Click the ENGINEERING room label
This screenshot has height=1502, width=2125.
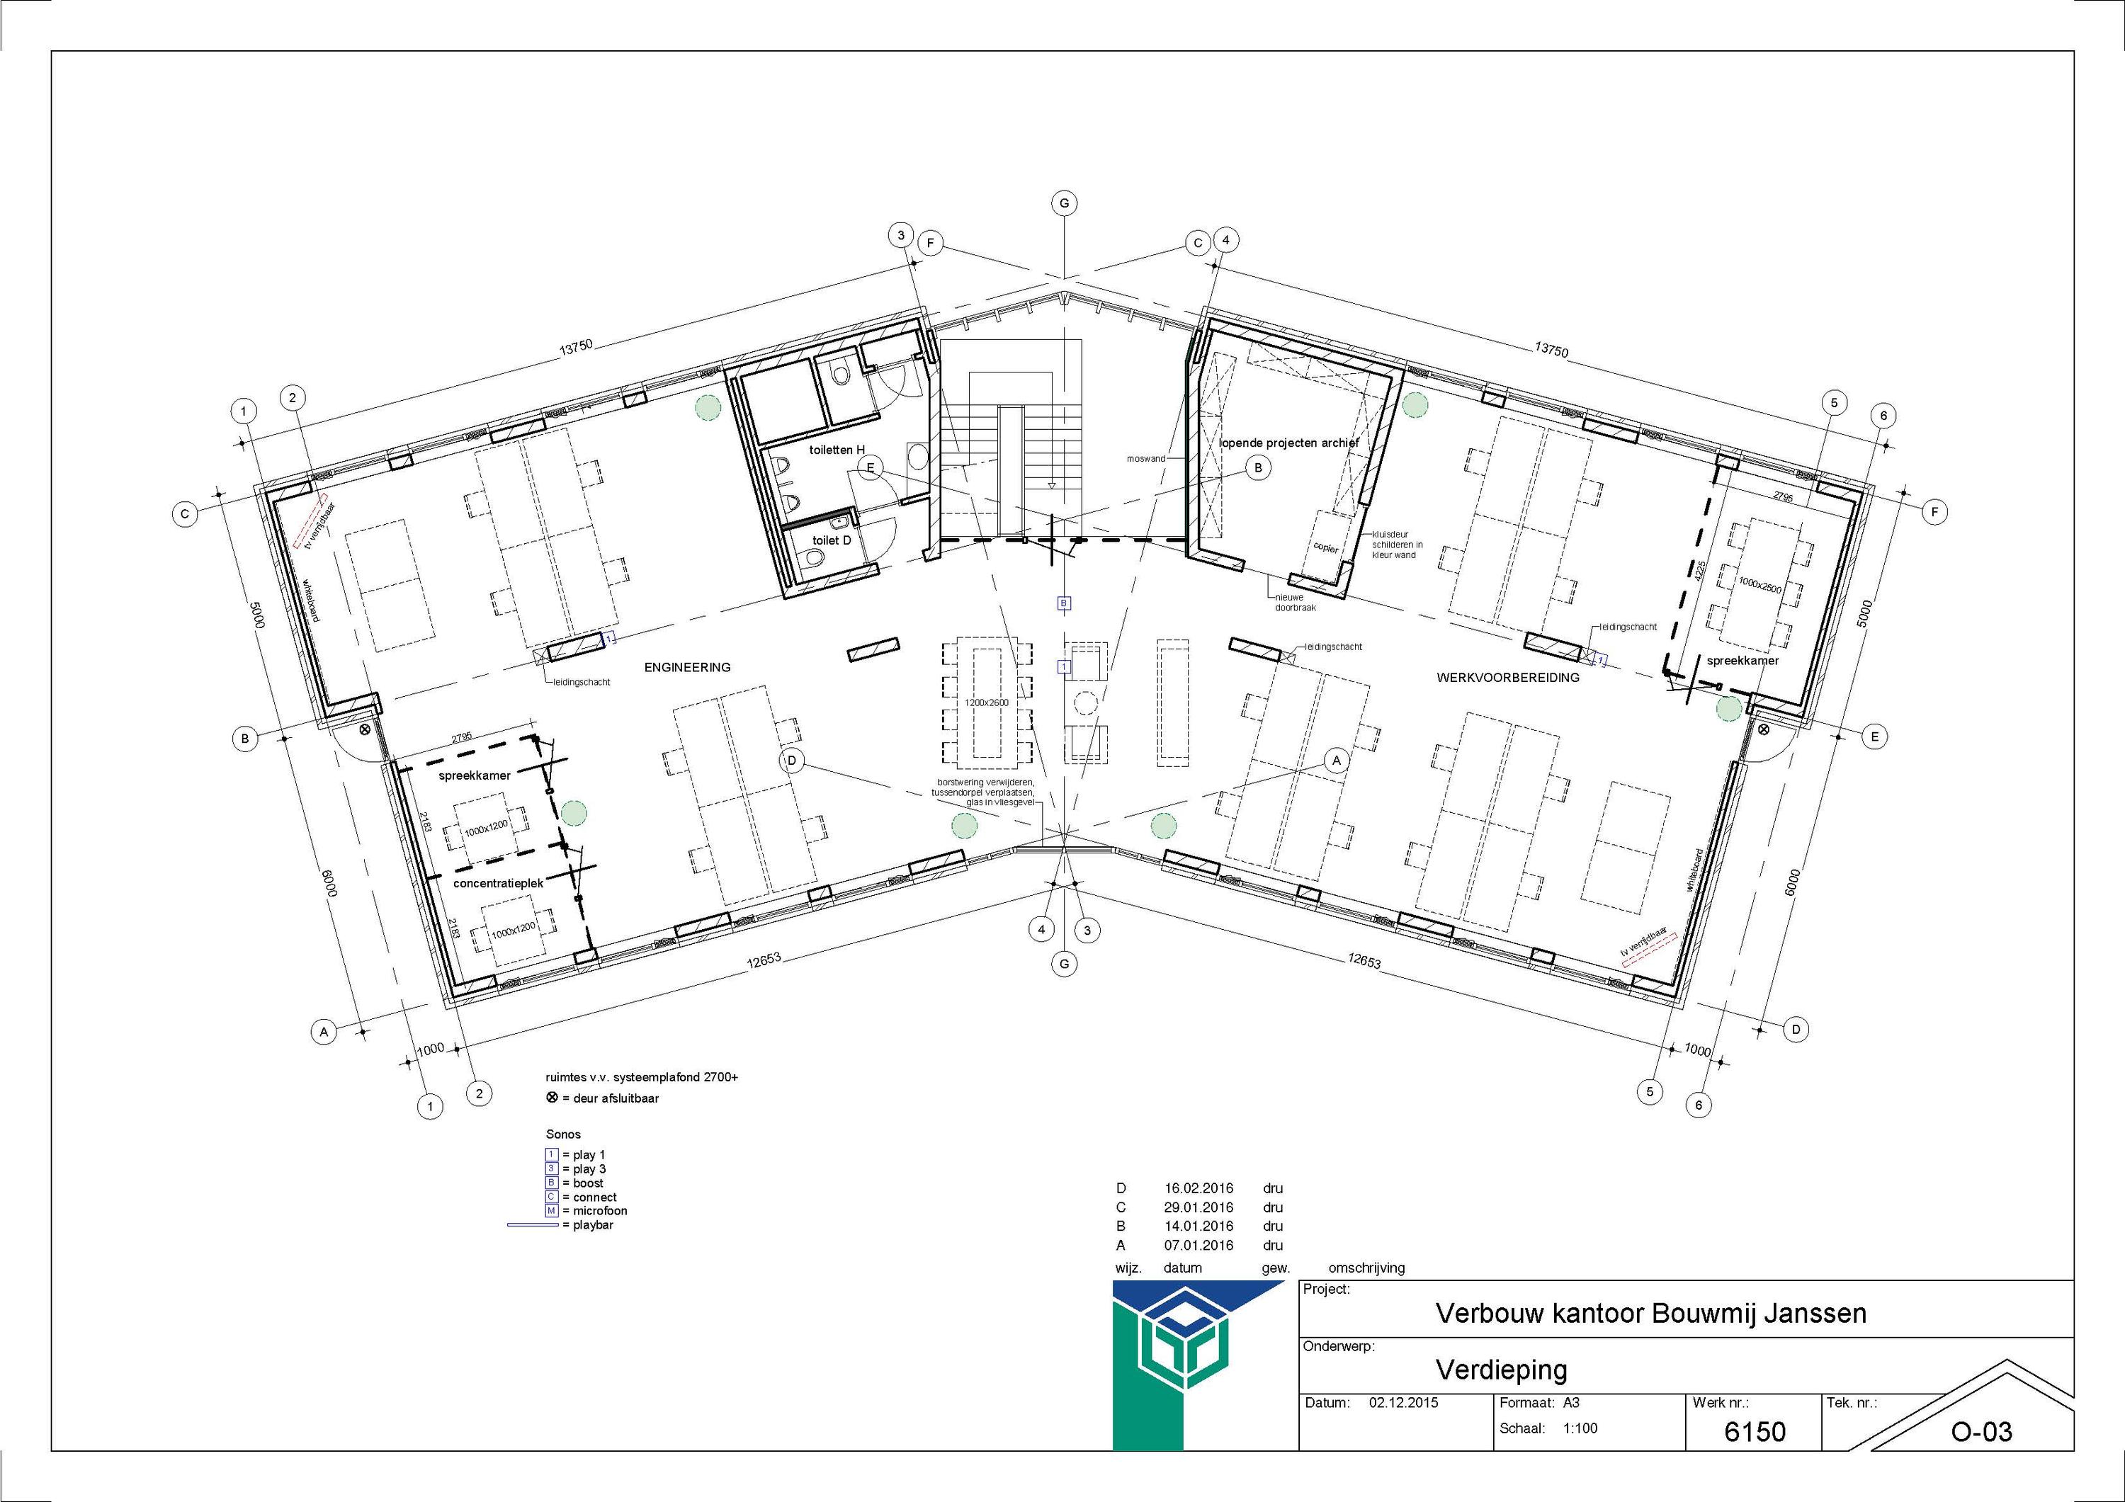(x=687, y=667)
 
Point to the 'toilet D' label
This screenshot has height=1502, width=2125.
(x=831, y=540)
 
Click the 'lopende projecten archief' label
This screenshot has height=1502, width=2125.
(x=1288, y=443)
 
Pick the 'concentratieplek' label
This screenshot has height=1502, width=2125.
(x=498, y=884)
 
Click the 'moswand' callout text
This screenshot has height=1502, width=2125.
(x=1145, y=458)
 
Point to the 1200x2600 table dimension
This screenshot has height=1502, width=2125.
(x=987, y=702)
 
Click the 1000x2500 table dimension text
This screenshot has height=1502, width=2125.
(x=1759, y=584)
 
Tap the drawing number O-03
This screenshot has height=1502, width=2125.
(x=1981, y=1433)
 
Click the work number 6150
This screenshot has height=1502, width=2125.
(x=1755, y=1433)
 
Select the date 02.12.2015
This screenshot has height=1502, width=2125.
(x=1403, y=1403)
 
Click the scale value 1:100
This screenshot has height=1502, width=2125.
(x=1580, y=1428)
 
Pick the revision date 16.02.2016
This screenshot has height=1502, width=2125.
(x=1198, y=1188)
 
